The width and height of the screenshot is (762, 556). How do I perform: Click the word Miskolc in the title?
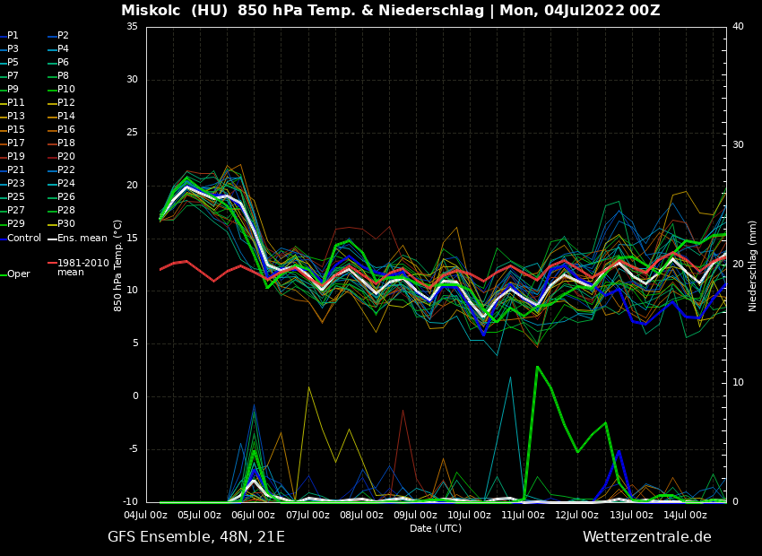(152, 11)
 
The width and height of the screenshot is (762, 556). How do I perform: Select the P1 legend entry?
(13, 36)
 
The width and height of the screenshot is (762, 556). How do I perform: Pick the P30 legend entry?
(66, 224)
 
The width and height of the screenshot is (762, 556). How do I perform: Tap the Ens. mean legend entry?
(82, 239)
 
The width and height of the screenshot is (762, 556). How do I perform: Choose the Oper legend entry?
(19, 274)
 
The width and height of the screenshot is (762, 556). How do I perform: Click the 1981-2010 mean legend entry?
(82, 267)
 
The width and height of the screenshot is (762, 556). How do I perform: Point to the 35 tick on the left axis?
(132, 27)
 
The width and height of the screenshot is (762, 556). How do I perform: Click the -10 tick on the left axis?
(129, 502)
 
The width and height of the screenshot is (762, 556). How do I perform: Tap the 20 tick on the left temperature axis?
(132, 186)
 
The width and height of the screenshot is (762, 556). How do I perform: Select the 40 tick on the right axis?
(738, 27)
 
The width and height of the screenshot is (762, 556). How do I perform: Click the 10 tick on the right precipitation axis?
(738, 383)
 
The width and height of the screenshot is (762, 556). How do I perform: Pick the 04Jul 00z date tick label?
(145, 515)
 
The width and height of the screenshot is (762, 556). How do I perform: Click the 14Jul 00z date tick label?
(685, 515)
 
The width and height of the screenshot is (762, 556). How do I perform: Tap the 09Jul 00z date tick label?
(415, 515)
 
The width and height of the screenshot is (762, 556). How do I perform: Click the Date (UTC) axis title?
(436, 528)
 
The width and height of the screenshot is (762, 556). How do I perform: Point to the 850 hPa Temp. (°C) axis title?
(118, 265)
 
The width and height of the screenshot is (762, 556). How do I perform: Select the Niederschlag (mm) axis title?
(753, 265)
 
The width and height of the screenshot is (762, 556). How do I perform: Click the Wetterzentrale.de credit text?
(646, 537)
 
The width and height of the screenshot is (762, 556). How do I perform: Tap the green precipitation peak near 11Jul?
(537, 367)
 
